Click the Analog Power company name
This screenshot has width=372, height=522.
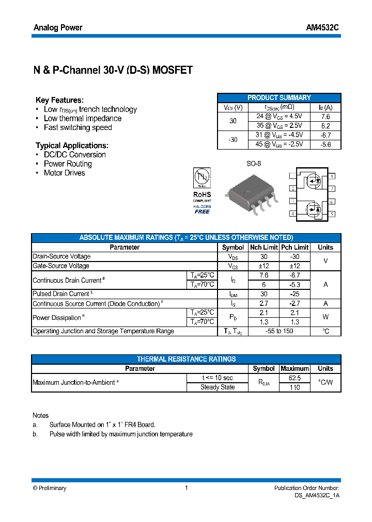(x=58, y=28)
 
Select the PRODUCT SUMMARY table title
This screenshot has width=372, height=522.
(x=279, y=97)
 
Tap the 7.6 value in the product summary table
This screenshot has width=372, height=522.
(x=325, y=117)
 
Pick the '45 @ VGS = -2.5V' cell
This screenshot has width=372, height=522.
(x=279, y=144)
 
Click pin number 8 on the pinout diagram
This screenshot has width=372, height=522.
(x=332, y=176)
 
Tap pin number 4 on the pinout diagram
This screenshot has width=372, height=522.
(x=292, y=214)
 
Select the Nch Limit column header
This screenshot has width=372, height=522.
(x=264, y=248)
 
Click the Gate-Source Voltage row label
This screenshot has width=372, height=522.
(x=61, y=266)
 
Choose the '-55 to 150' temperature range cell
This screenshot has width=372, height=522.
(x=279, y=331)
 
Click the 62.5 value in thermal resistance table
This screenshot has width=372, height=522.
(x=295, y=378)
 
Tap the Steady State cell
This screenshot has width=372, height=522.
(x=218, y=387)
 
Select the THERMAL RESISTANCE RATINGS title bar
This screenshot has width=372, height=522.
(x=186, y=359)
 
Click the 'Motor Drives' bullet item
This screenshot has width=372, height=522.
(x=64, y=173)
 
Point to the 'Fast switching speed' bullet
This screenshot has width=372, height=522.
(x=78, y=128)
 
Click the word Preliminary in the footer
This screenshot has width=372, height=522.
(x=52, y=488)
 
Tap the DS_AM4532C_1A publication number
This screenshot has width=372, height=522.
(x=314, y=495)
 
